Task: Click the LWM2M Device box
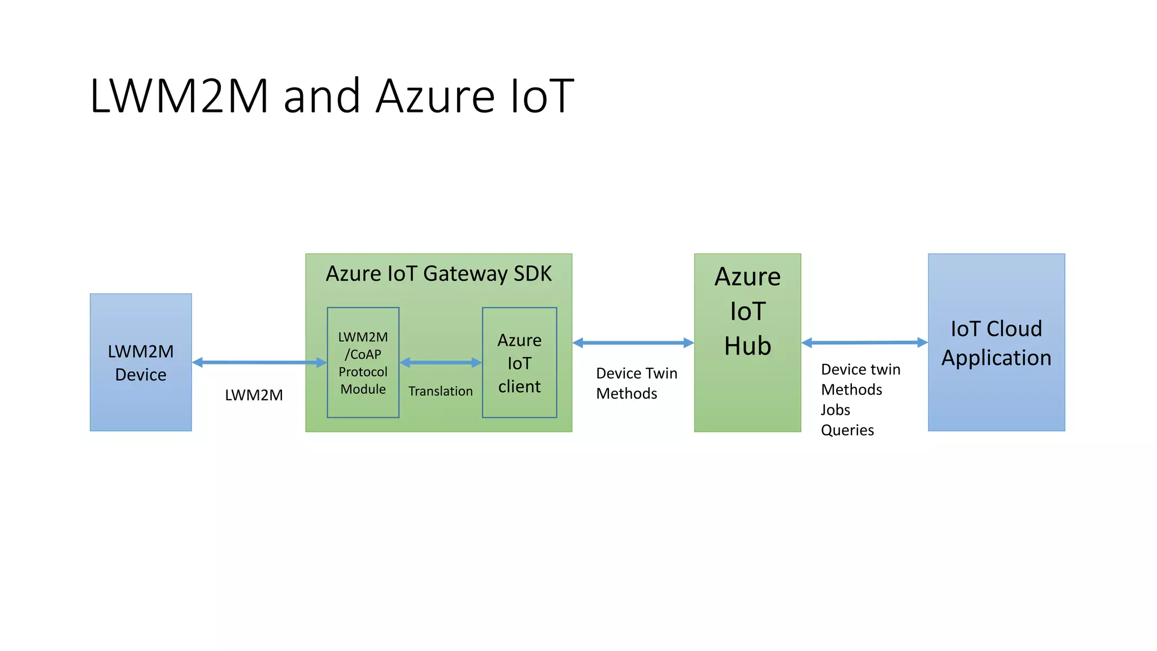[141, 362]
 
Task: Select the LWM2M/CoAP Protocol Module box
[363, 363]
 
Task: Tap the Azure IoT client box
[519, 363]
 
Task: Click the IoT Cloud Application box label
[996, 343]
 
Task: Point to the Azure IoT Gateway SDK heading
[438, 274]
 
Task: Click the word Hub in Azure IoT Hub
[747, 346]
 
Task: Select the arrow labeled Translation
[441, 363]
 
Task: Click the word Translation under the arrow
[441, 391]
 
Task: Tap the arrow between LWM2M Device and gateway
[259, 362]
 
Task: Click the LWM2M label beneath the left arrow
[254, 395]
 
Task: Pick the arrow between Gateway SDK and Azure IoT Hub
[633, 342]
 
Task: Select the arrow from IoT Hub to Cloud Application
[864, 342]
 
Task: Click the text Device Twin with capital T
[636, 374]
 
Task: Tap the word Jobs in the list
[835, 410]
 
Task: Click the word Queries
[847, 430]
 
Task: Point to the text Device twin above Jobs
[860, 370]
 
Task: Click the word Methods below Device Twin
[627, 393]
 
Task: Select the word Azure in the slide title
[435, 96]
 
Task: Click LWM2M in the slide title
[179, 96]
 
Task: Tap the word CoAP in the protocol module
[366, 354]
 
